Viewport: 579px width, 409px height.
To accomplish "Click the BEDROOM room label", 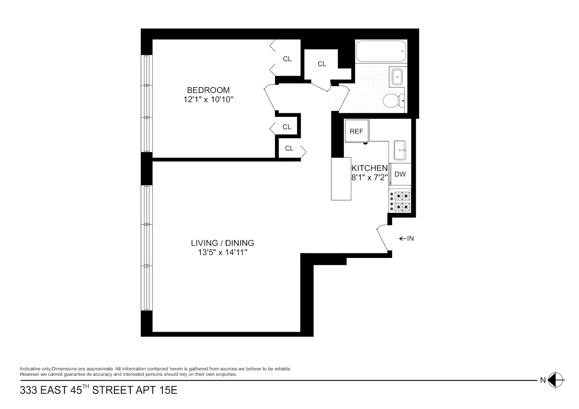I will (x=208, y=90).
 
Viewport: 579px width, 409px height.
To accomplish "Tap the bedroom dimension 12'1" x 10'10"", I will (x=208, y=99).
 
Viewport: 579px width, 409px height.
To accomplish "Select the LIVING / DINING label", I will (x=223, y=243).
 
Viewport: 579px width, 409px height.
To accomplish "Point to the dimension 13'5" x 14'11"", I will (x=223, y=252).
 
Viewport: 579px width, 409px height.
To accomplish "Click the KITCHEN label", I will (x=369, y=168).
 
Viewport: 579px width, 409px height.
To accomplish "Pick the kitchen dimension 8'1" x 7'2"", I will (x=369, y=178).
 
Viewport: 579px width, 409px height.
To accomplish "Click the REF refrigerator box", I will (x=356, y=131).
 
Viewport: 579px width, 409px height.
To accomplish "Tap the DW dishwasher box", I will (x=400, y=174).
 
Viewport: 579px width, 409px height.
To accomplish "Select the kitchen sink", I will (x=400, y=150).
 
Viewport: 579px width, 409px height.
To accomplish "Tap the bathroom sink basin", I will (x=397, y=76).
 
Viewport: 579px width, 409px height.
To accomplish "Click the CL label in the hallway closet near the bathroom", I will (x=322, y=64).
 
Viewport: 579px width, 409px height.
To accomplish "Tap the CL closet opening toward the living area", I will (x=289, y=149).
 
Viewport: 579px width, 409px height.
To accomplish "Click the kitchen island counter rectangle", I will (x=341, y=179).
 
